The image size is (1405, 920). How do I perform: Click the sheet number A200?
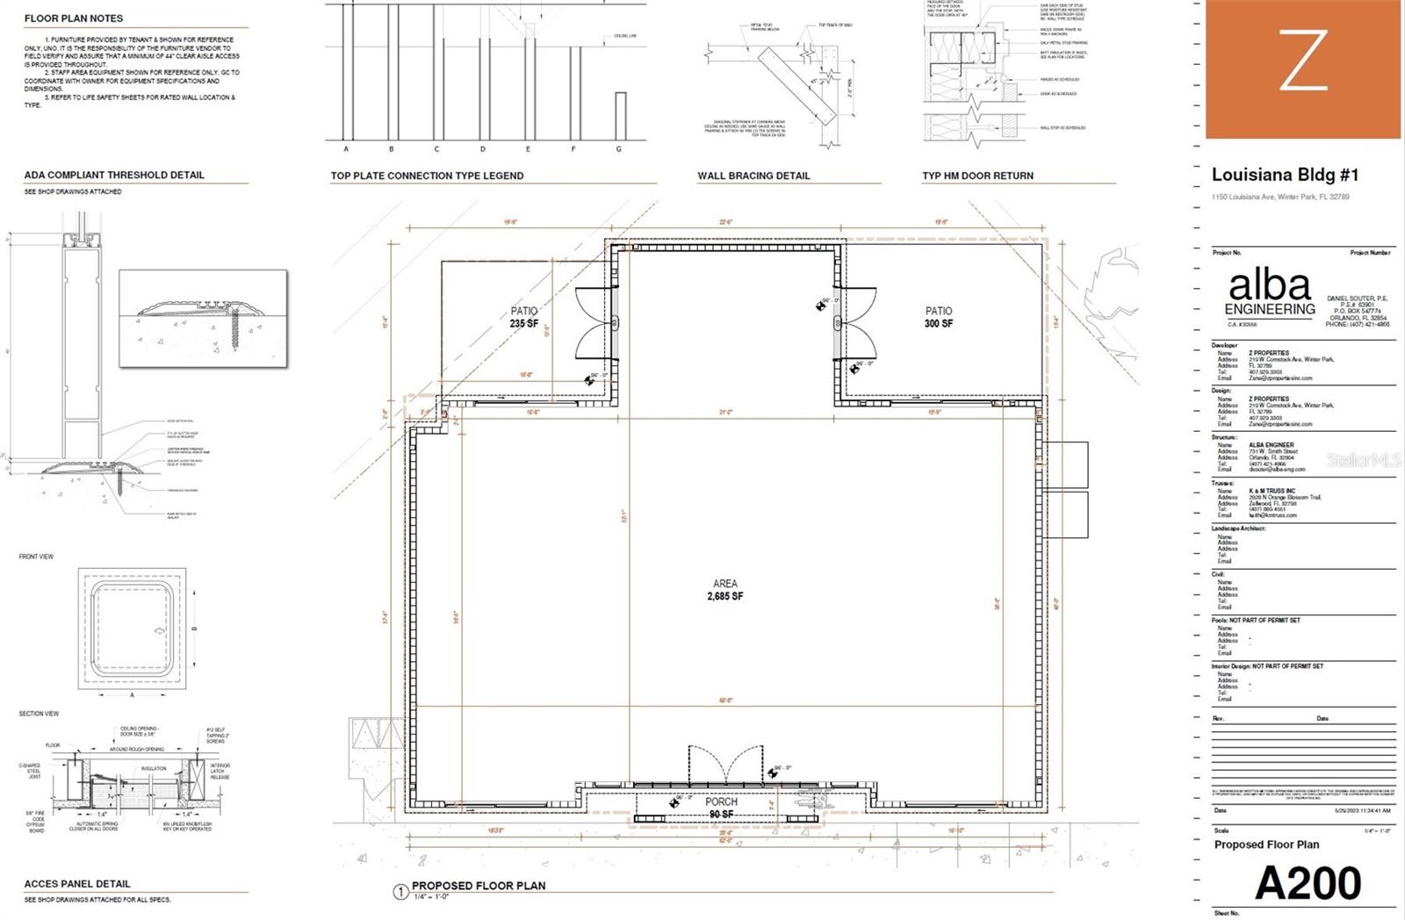point(1308,883)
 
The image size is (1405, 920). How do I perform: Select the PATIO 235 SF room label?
point(524,317)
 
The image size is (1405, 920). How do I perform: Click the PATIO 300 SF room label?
point(938,317)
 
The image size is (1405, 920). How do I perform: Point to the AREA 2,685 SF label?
point(725,590)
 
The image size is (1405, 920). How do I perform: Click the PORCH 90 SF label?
point(721,808)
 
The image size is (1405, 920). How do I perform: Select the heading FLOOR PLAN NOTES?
point(74,18)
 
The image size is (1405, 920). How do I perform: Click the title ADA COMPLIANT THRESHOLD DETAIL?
point(114,175)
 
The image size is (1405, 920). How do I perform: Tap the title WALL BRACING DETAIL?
point(753,176)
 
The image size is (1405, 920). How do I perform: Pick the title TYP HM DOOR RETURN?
point(977,176)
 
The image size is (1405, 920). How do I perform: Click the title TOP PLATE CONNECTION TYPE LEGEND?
point(427,176)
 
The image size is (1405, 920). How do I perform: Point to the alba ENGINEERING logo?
point(1270,293)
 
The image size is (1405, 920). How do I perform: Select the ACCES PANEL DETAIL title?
point(77,884)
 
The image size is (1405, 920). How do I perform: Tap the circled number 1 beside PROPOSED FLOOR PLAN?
point(400,892)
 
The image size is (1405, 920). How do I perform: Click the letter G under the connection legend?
point(619,149)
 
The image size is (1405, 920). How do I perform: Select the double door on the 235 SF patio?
point(597,323)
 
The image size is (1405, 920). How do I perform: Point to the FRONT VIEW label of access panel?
point(36,557)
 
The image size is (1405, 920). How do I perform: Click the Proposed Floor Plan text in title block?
point(1266,845)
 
